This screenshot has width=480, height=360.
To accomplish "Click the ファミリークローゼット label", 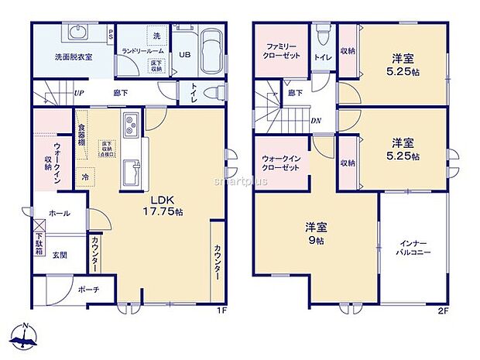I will pyautogui.click(x=282, y=52).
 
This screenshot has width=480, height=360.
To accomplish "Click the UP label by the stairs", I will pyautogui.click(x=78, y=93).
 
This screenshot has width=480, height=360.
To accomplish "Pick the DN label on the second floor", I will pyautogui.click(x=316, y=121).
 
